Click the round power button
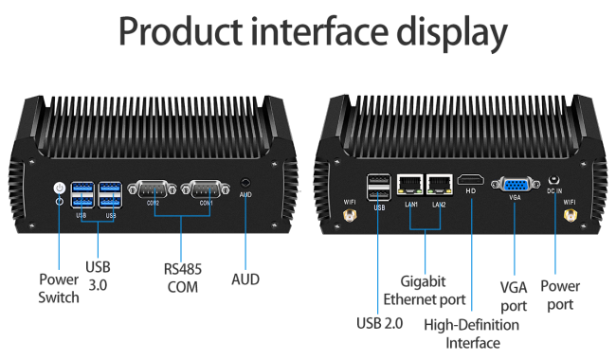coord(60,188)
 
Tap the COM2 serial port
coord(153,189)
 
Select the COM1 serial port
coord(206,189)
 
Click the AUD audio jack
coord(245,183)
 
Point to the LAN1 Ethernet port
coord(410,185)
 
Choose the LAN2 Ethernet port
coord(439,185)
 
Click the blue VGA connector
coord(515,185)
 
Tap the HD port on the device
coord(471,181)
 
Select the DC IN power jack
coord(554,180)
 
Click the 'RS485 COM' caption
coord(183,278)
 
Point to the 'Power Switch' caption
coord(59,289)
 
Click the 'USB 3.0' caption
coord(98,276)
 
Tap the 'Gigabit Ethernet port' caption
coord(425,291)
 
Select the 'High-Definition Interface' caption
coord(471,333)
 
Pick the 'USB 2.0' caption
coord(379,323)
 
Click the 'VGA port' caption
coord(514,297)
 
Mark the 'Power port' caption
coord(560,296)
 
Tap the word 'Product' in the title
coord(181,31)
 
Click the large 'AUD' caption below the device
coord(245,279)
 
